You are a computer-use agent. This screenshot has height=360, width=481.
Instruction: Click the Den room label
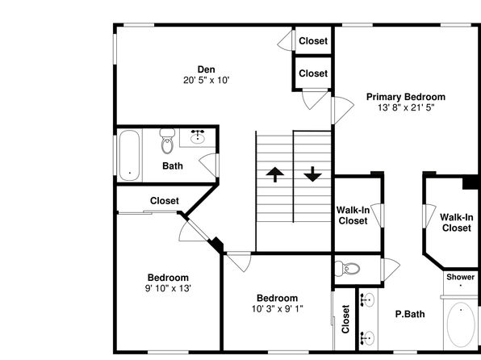(x=206, y=69)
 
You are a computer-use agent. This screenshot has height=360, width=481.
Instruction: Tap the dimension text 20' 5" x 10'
(x=207, y=81)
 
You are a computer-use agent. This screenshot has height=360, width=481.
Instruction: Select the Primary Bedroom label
(x=406, y=97)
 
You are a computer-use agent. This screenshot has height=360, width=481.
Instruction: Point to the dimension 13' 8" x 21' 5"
(x=406, y=107)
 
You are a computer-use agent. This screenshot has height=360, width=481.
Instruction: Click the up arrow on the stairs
(x=275, y=174)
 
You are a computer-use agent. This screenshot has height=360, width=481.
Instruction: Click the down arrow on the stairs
(x=312, y=174)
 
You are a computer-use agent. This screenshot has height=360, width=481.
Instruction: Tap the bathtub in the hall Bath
(x=129, y=155)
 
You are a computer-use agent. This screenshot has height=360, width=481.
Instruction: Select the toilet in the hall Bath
(x=167, y=141)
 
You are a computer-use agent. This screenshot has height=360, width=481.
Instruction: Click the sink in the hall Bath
(x=198, y=137)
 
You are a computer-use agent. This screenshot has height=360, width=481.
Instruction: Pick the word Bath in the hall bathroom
(x=173, y=166)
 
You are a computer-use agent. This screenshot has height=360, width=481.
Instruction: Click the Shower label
(x=461, y=277)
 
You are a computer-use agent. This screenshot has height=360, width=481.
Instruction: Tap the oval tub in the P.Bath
(x=461, y=324)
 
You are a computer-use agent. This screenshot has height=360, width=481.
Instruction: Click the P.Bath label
(x=410, y=314)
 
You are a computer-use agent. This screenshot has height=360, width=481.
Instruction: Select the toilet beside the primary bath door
(x=347, y=269)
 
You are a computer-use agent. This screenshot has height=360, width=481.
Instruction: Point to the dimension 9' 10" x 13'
(x=168, y=288)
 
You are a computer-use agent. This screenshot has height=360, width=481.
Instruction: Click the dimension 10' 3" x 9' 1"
(x=278, y=309)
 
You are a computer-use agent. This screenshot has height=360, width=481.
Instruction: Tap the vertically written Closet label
(x=345, y=319)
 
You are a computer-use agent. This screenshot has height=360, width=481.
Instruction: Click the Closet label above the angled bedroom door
(x=165, y=201)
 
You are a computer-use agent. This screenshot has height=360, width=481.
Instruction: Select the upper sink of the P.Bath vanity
(x=367, y=299)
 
